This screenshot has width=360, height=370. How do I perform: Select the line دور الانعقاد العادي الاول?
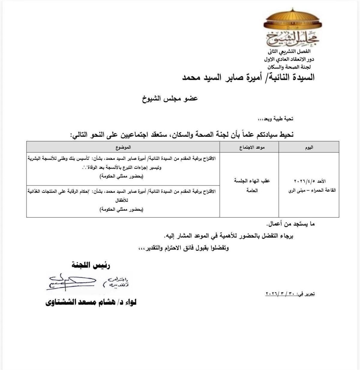(x=290, y=59)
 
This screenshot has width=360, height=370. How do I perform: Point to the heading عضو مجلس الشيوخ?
(x=170, y=98)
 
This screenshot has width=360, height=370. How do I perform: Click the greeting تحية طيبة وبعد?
(x=276, y=119)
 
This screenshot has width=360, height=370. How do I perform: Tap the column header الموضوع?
(x=123, y=147)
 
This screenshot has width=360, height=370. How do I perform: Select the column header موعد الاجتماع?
(x=249, y=147)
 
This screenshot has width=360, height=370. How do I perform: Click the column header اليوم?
(x=309, y=147)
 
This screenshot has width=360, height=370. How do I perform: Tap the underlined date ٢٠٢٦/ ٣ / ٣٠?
(x=280, y=294)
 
